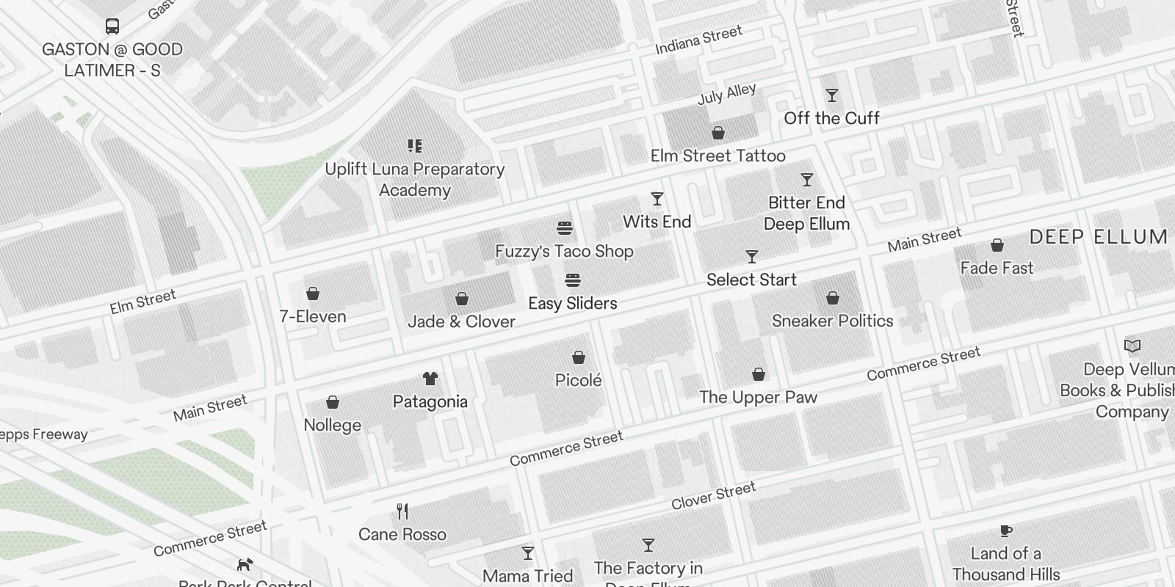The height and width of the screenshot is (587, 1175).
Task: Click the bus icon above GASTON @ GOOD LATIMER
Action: tap(112, 27)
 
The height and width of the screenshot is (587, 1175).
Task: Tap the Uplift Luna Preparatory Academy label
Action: tap(415, 179)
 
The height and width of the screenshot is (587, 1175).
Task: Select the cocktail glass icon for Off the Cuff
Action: tap(831, 96)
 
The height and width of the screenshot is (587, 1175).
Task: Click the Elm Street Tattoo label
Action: tap(717, 156)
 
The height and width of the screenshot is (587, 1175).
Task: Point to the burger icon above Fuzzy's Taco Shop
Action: tap(564, 228)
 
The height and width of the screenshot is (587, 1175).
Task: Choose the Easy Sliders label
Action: tap(572, 303)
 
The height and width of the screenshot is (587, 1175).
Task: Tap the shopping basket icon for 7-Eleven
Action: tap(313, 294)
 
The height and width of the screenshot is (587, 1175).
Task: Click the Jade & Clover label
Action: tap(461, 321)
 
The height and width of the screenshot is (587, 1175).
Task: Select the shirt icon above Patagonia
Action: tap(430, 379)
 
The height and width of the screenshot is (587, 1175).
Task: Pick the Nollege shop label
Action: tap(332, 425)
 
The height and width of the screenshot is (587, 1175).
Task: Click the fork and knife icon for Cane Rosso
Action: tap(402, 511)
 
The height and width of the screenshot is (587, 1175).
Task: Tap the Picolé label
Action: tap(578, 380)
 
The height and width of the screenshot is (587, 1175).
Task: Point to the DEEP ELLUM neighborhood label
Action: tap(1098, 237)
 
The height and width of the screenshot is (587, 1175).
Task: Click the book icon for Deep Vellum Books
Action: tap(1132, 346)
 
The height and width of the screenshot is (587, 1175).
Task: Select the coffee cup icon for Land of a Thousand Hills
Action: tap(1005, 531)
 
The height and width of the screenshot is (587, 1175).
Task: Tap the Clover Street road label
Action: tap(713, 496)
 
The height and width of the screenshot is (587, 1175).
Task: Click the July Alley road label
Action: tap(726, 94)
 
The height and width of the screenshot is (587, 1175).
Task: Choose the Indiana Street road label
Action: tap(698, 40)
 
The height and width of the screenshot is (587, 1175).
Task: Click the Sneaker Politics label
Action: tap(832, 321)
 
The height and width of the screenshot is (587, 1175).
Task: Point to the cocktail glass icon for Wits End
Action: tap(657, 199)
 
